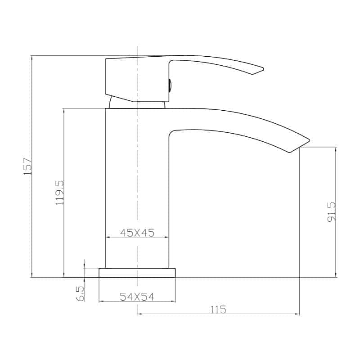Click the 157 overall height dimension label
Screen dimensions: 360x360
27,166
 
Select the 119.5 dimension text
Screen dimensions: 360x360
60,193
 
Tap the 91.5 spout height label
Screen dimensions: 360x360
332,211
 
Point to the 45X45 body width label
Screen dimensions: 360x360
137,233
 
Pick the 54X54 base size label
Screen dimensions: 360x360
137,297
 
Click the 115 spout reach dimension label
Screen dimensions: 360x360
218,310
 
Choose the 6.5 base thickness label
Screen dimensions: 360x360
81,294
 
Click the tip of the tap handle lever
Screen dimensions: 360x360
263,69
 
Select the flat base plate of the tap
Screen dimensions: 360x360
137,273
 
